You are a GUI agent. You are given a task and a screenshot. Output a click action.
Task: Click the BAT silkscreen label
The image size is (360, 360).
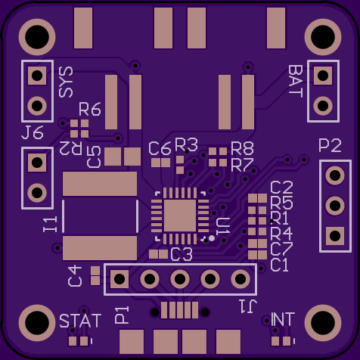coord(296,82)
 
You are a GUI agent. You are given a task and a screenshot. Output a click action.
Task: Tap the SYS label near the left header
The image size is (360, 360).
coord(66,82)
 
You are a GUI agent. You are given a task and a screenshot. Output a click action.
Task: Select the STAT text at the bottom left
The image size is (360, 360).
coord(80,321)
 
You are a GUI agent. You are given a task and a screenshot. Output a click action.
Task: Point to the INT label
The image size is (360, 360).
coord(283,319)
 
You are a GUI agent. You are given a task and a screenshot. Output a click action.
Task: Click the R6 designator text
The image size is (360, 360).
coord(90,109)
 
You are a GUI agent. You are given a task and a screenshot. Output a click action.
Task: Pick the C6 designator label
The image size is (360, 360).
coord(160,148)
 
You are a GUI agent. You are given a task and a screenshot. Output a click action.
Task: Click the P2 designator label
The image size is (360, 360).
coord(330,145)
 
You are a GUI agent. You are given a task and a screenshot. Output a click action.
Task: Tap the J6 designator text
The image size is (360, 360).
coord(33,132)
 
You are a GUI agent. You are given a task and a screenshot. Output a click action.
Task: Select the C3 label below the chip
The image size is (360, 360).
coord(182,254)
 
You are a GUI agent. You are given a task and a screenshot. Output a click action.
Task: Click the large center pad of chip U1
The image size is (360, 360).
coord(180,216)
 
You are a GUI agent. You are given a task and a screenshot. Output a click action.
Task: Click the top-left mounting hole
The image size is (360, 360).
coord(37,37)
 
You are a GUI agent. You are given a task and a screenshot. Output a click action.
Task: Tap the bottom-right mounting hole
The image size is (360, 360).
coord(323,323)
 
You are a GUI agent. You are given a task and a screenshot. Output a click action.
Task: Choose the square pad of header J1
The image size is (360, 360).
coord(119,279)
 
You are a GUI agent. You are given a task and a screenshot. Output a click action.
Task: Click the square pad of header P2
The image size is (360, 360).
coord(335,236)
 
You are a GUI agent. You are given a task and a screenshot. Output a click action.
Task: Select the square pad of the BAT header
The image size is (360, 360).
coord(323,76)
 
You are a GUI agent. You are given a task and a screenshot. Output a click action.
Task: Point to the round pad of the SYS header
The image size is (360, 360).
coord(37,106)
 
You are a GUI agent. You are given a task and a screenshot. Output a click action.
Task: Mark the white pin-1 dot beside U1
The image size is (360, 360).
coord(212,238)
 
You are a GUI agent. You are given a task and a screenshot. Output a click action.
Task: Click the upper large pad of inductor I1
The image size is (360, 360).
coord(100,184)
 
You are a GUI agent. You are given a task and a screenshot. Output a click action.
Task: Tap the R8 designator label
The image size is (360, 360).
coord(242,148)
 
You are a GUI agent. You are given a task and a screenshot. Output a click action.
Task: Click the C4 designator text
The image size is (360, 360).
coord(75,276)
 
